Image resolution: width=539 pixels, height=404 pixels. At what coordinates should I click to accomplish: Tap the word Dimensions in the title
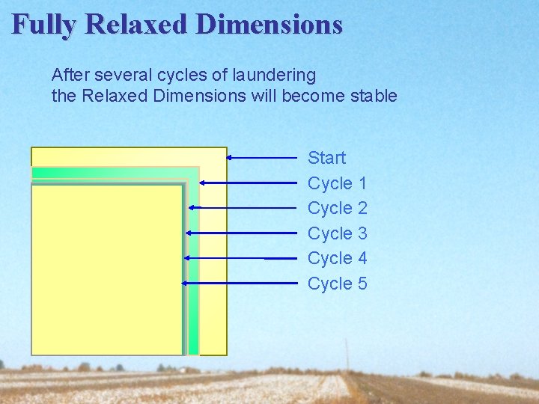click(269, 25)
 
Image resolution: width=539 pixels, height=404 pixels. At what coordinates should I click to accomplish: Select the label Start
click(327, 158)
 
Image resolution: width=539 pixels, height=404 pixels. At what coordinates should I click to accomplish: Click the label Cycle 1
click(338, 183)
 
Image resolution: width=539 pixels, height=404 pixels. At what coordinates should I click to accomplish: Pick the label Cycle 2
click(338, 208)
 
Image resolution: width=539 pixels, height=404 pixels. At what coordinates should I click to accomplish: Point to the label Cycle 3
click(338, 233)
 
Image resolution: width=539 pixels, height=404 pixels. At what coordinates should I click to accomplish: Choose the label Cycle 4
click(338, 258)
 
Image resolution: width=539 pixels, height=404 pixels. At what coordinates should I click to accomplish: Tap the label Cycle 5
click(338, 284)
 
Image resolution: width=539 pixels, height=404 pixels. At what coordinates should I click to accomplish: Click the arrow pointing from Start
click(262, 157)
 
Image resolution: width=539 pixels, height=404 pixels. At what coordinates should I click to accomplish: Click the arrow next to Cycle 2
click(243, 207)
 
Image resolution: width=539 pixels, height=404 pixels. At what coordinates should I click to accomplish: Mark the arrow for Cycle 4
click(240, 258)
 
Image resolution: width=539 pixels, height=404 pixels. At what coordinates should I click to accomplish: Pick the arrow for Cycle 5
click(240, 284)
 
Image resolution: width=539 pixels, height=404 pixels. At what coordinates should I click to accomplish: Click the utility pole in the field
click(347, 355)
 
